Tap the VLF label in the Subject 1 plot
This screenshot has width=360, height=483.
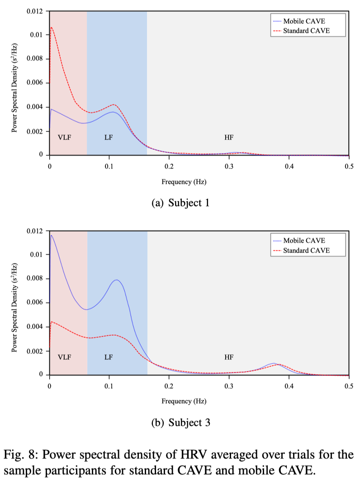[65, 137]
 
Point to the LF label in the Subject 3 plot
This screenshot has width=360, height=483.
[109, 357]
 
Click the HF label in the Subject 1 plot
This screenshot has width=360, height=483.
[229, 137]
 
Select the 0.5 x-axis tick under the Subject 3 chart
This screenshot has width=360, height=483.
[349, 385]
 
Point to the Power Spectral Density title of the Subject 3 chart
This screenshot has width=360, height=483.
[15, 303]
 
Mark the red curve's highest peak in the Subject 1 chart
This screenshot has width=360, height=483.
[52, 28]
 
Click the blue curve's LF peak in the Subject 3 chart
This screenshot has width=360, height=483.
[117, 280]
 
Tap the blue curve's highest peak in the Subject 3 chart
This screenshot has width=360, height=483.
[52, 235]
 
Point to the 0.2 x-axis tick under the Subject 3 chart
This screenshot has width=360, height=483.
[169, 385]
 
